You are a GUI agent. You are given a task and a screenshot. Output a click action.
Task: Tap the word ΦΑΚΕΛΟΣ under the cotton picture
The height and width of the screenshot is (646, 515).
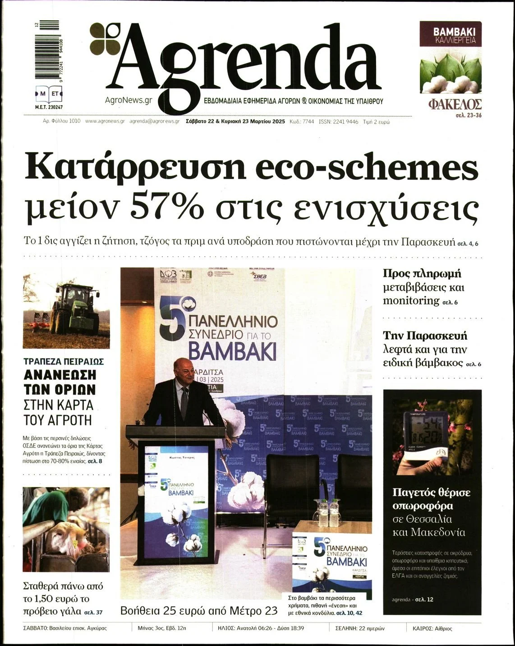pos(455,105)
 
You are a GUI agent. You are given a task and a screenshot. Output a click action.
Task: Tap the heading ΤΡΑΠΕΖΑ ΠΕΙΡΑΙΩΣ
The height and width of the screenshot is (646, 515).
pos(64,362)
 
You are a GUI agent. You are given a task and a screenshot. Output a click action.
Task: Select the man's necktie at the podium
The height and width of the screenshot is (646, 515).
pos(184,401)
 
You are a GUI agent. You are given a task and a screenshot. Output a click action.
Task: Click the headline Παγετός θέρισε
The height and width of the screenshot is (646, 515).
pos(431,492)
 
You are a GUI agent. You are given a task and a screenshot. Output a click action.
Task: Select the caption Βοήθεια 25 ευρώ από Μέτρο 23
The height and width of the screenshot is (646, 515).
pos(199,611)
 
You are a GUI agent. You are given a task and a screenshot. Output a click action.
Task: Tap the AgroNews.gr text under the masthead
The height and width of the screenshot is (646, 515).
pos(129,101)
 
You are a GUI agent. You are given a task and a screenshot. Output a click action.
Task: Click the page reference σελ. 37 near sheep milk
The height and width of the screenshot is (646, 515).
pos(93,613)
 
